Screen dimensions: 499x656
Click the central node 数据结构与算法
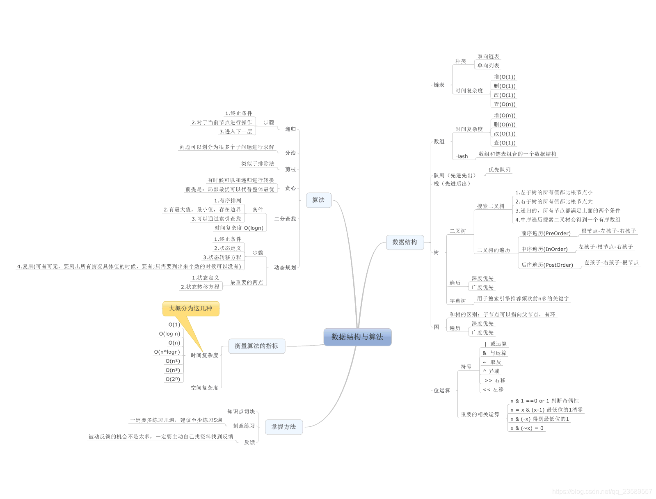(357, 337)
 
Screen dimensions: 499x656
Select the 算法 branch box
(318, 200)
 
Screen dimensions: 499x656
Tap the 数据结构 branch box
(405, 242)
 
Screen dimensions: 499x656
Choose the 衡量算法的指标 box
(256, 346)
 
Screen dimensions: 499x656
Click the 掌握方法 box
(283, 427)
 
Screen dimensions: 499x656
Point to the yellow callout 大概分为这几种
(191, 309)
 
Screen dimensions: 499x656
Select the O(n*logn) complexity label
(167, 352)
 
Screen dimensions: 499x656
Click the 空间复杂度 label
(204, 388)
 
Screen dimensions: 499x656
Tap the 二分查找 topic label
(285, 219)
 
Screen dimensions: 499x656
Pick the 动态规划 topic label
(285, 268)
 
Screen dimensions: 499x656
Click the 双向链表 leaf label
(488, 57)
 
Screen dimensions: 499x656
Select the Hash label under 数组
(462, 156)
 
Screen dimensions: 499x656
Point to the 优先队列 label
(499, 170)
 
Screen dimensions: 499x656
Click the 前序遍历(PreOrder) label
(546, 233)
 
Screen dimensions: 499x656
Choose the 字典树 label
(458, 301)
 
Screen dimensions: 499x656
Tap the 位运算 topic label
(442, 391)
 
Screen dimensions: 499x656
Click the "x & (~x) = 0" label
(527, 428)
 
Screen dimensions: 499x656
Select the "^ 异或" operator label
(491, 371)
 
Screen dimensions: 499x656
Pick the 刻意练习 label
(244, 426)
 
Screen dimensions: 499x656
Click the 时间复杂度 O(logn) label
(239, 228)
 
